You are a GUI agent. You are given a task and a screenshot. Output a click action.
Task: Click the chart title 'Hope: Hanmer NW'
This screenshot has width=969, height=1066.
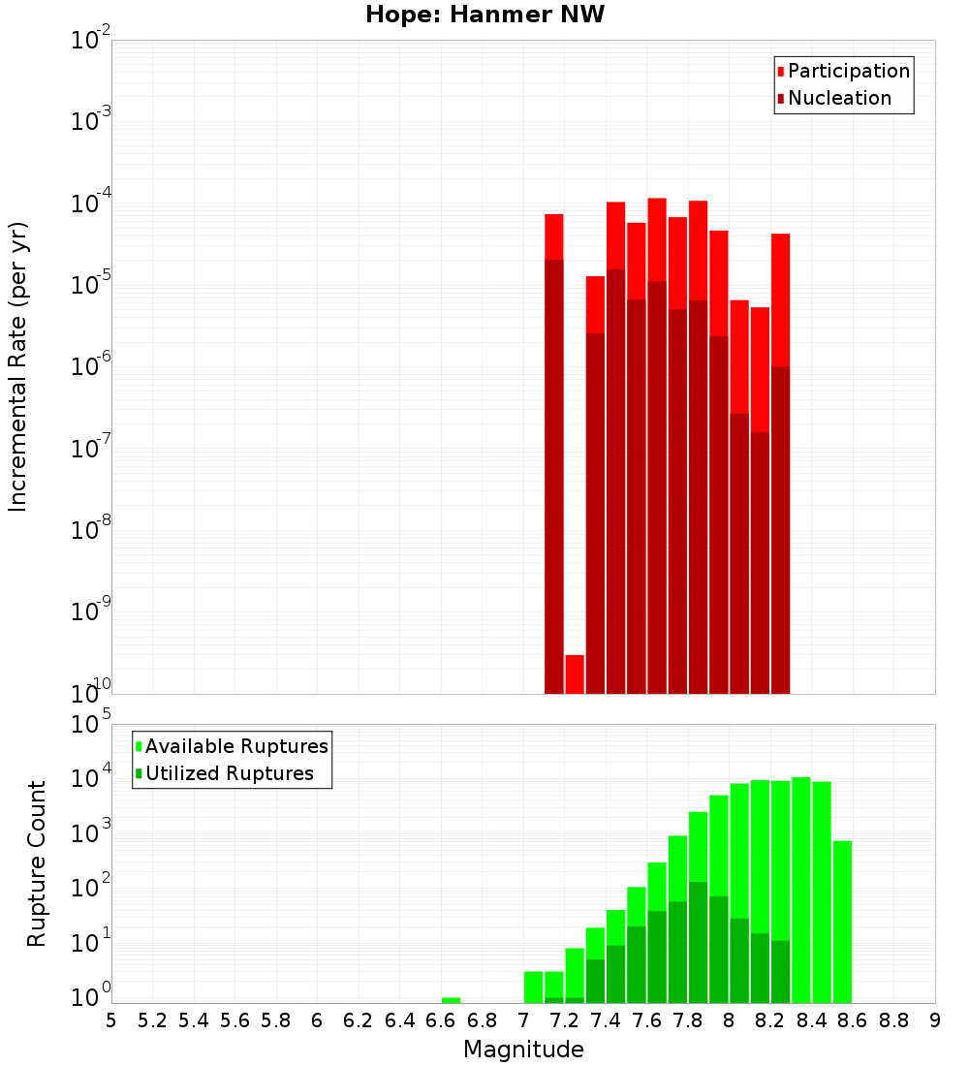click(x=484, y=16)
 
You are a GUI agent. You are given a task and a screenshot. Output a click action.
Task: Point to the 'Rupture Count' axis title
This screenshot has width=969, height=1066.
click(x=37, y=862)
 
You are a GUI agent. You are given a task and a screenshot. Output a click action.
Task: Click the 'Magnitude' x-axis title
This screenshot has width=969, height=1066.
click(x=523, y=1050)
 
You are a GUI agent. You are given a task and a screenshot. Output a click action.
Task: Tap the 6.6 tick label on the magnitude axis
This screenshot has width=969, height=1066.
click(x=441, y=1020)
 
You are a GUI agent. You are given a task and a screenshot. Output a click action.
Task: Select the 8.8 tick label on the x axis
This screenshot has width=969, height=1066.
click(x=893, y=1020)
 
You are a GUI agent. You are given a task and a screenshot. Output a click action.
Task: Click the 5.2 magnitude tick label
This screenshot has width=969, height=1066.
click(x=152, y=1020)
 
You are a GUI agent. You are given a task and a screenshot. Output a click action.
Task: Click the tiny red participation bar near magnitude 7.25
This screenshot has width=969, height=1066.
click(x=575, y=674)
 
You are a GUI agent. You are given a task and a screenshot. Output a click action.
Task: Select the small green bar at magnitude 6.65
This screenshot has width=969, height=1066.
click(x=451, y=1000)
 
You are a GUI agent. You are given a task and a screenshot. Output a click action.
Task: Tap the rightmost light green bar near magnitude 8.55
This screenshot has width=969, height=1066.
click(x=842, y=921)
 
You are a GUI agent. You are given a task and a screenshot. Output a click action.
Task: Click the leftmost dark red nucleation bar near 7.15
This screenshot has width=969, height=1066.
click(x=553, y=475)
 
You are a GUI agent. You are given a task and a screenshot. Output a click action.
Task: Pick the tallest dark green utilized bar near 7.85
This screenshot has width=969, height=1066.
click(x=698, y=940)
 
